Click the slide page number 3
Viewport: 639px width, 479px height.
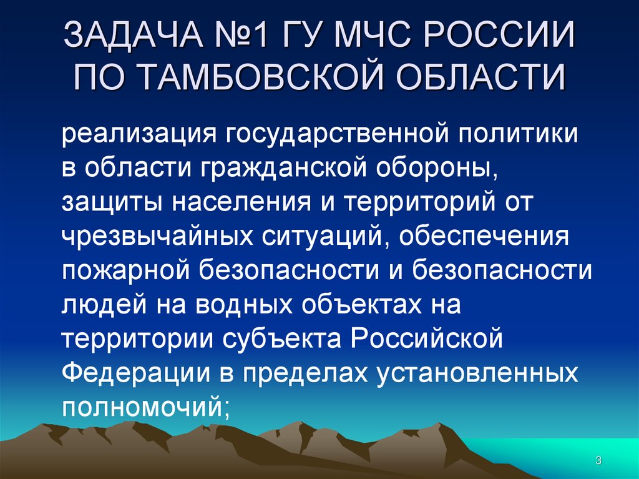(x=598, y=462)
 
